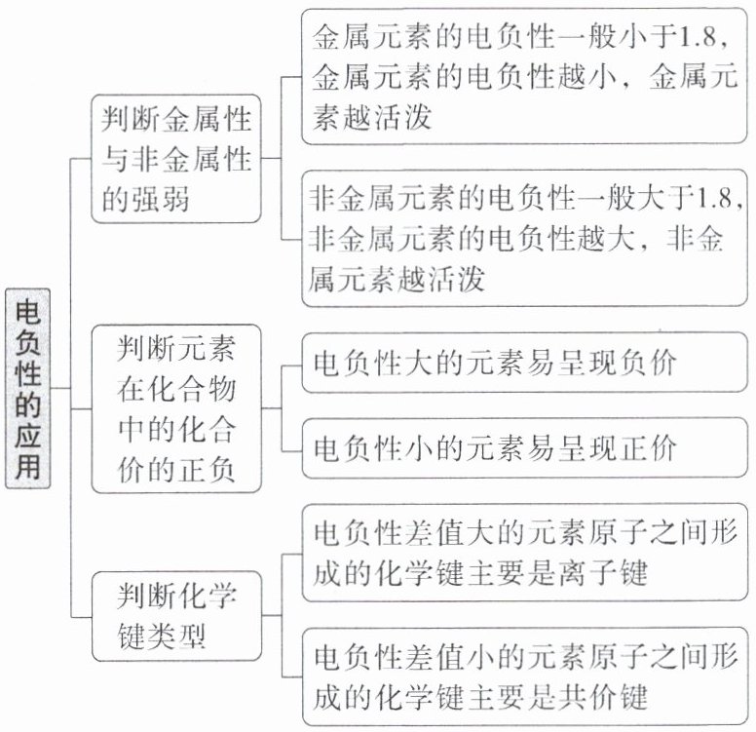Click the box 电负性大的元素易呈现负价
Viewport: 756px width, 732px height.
pos(524,363)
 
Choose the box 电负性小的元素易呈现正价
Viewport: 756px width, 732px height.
pos(524,447)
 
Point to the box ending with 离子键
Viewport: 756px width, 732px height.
pos(524,551)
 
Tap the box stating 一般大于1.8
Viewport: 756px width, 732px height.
pos(524,239)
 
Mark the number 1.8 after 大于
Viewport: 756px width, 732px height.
pos(717,199)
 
